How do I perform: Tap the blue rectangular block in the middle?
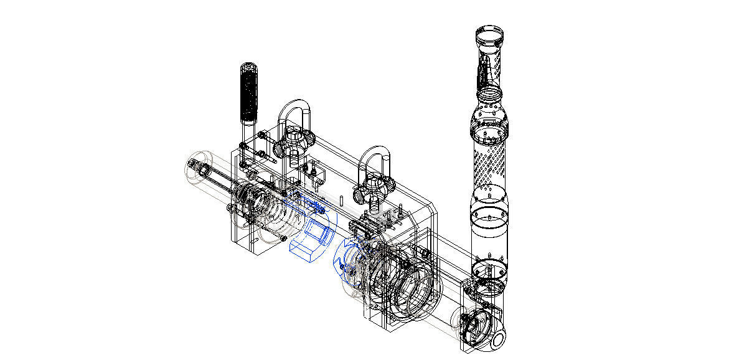(311, 239)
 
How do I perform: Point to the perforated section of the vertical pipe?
(488, 164)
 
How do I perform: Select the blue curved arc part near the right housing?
(343, 260)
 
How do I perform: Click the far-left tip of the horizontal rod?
(191, 164)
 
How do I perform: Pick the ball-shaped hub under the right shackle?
(374, 191)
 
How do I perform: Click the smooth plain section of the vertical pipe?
(488, 230)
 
